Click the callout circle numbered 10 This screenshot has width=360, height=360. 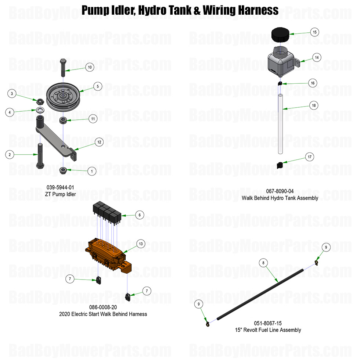(x=90, y=67)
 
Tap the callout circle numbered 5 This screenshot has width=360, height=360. (x=97, y=87)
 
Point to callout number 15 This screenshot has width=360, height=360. (x=314, y=32)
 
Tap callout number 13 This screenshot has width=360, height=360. (x=140, y=244)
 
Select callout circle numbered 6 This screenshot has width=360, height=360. (x=140, y=215)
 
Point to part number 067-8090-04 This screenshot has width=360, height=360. (x=280, y=191)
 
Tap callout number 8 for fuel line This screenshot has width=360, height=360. (x=263, y=263)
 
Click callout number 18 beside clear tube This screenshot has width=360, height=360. (x=313, y=105)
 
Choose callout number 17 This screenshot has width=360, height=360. (x=310, y=157)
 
